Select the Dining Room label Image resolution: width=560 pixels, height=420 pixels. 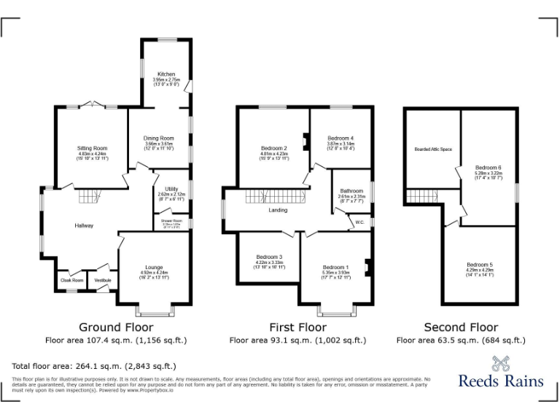158,139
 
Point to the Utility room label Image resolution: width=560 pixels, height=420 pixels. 171,190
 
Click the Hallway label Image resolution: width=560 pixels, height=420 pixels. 84,226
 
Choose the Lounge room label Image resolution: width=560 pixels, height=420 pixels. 154,268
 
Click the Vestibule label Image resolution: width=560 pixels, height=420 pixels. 101,280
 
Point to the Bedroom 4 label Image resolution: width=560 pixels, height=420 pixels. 341,139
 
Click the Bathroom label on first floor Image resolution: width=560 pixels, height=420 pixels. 351,191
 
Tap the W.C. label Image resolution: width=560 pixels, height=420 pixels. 360,222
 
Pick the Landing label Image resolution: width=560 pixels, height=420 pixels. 278,210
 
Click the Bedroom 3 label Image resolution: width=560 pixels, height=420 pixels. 269,257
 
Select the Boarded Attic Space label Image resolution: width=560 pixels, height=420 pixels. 433,149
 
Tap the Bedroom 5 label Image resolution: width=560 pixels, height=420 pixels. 481,264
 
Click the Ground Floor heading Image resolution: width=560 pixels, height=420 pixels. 114,327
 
